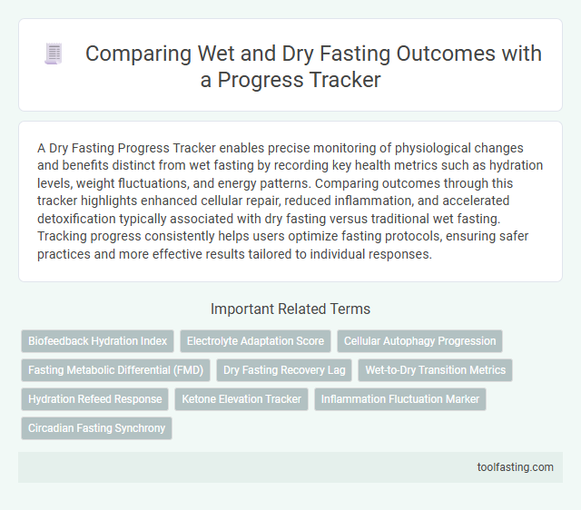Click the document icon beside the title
[53, 54]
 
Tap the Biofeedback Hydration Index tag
[97, 341]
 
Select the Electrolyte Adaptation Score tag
[255, 341]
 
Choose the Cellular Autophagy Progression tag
[419, 341]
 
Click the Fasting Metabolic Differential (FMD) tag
[115, 370]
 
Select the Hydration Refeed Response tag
[94, 398]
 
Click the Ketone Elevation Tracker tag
[241, 398]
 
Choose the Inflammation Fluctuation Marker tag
[399, 398]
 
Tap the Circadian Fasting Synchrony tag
[96, 427]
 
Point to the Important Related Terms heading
[290, 309]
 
